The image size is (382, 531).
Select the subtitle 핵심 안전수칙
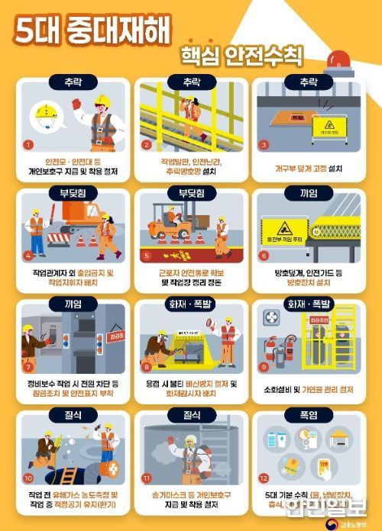(241, 56)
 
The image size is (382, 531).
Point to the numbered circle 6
(264, 256)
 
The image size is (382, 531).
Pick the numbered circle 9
(264, 366)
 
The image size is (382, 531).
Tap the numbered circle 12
(264, 478)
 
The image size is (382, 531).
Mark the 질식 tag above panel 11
(191, 416)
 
